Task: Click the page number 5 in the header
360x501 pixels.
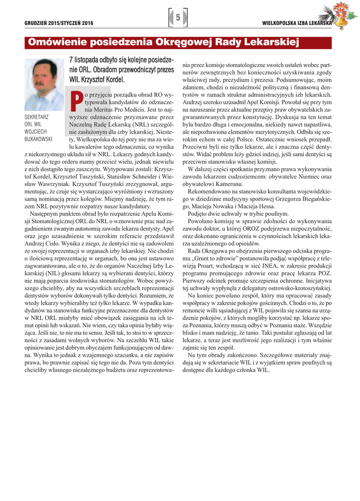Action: pos(178,18)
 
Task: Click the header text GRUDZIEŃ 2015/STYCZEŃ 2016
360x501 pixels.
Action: pos(59,23)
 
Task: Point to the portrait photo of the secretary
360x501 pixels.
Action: pos(45,85)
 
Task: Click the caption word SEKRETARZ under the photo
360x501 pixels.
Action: pos(36,117)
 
